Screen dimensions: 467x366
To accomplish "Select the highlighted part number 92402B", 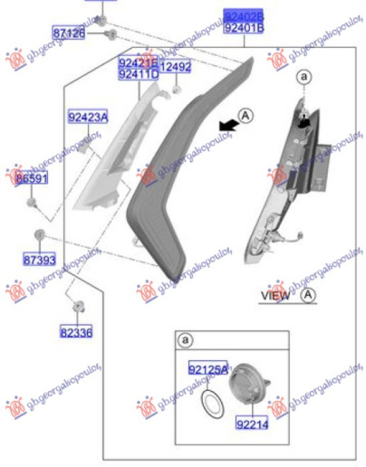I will pyautogui.click(x=244, y=16).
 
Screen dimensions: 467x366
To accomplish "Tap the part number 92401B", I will pyautogui.click(x=244, y=28).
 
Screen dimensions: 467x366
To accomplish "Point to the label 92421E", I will pyautogui.click(x=138, y=62).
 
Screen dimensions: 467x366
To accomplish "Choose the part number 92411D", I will pyautogui.click(x=138, y=74).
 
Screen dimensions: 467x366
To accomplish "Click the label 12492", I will pyautogui.click(x=176, y=67).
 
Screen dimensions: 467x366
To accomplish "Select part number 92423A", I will pyautogui.click(x=87, y=117).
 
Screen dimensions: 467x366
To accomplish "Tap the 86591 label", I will pyautogui.click(x=31, y=180).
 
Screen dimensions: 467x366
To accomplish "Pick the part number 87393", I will pyautogui.click(x=39, y=260).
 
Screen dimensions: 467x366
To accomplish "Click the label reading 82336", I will pyautogui.click(x=77, y=332).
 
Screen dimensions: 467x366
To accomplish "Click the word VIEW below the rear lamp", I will pyautogui.click(x=275, y=296).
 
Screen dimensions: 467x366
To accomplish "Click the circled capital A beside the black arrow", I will pyautogui.click(x=246, y=115).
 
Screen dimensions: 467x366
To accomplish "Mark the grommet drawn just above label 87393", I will pyautogui.click(x=39, y=236).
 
